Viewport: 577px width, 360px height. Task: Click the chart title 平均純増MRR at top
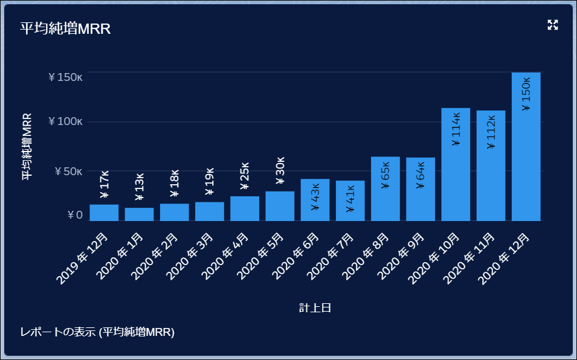coord(65,28)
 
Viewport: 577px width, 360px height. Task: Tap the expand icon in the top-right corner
coord(552,25)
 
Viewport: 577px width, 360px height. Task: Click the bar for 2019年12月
coord(104,213)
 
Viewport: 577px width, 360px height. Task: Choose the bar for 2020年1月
coord(139,214)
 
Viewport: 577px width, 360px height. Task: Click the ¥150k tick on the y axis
coord(65,77)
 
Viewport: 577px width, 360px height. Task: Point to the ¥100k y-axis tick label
coord(65,121)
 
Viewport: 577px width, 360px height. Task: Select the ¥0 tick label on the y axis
coord(74,215)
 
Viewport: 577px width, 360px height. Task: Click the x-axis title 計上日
coord(315,308)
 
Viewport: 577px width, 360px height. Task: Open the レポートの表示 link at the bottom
coord(97,332)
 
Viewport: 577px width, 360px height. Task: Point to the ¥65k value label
coord(385,175)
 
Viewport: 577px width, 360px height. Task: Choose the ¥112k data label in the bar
coord(491,131)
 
